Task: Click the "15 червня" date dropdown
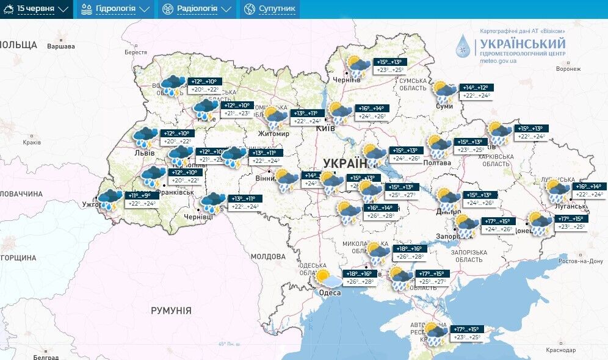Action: [x=37, y=9]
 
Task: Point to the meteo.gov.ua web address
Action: [x=498, y=61]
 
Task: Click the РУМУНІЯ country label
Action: [x=171, y=311]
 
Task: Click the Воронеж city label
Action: [x=568, y=69]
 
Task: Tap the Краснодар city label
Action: [x=560, y=350]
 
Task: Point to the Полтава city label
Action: [x=437, y=163]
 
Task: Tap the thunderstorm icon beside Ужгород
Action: [x=110, y=200]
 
